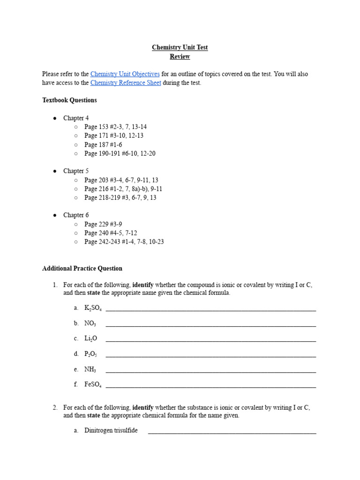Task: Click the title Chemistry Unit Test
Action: tap(180, 47)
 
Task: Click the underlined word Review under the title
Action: tap(180, 56)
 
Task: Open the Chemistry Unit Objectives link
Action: tap(125, 74)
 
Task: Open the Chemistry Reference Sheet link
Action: tap(126, 83)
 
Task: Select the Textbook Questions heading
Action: tap(69, 100)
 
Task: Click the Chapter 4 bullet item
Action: tap(76, 118)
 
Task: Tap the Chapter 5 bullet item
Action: tap(76, 171)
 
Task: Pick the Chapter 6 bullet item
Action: tap(76, 215)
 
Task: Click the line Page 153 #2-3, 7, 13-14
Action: tap(115, 127)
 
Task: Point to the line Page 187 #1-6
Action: tap(103, 145)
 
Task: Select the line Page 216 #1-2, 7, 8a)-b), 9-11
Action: tap(123, 189)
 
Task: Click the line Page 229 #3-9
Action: tap(103, 224)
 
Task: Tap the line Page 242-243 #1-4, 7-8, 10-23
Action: tap(124, 242)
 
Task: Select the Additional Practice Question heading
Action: tap(82, 269)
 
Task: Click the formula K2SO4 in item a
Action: tap(93, 308)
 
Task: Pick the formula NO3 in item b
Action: tap(90, 323)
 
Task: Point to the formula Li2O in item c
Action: tap(90, 338)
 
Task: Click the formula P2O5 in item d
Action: tap(90, 354)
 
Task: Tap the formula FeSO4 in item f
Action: tap(93, 384)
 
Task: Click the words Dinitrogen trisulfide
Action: tap(111, 430)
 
